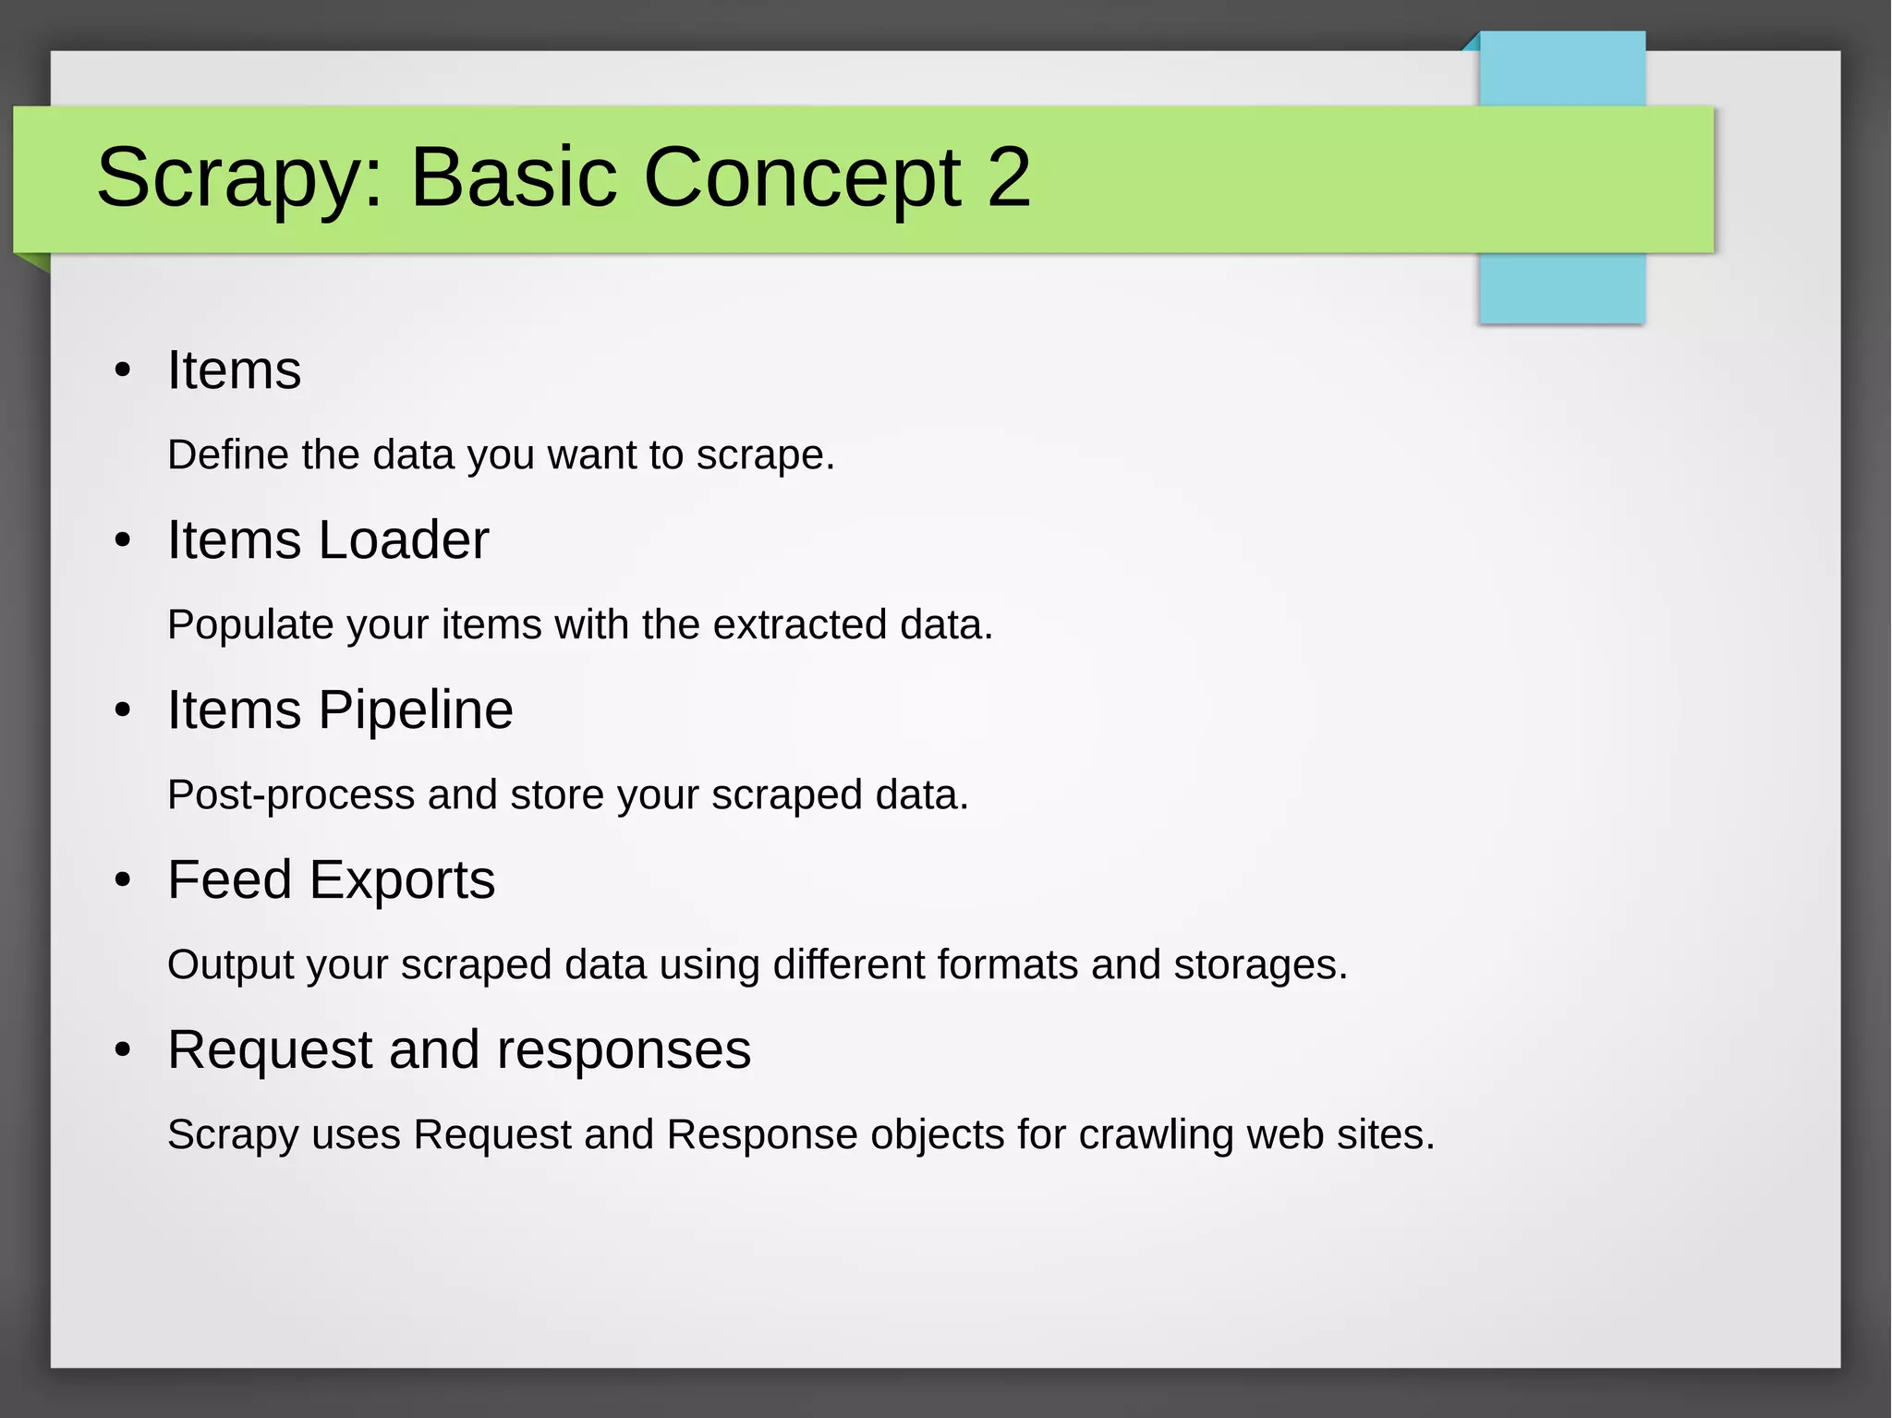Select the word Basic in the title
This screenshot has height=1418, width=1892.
[513, 176]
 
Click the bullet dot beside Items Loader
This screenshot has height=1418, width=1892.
[123, 540]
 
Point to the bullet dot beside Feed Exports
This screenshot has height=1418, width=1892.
[123, 880]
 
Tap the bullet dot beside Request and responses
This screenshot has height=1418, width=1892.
[123, 1050]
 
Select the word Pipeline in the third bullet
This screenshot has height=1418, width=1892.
[415, 710]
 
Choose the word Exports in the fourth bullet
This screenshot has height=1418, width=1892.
[402, 880]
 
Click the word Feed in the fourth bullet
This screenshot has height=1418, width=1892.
[230, 880]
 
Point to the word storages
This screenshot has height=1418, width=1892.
[1260, 965]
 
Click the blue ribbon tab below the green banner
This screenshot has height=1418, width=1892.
[1561, 288]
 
